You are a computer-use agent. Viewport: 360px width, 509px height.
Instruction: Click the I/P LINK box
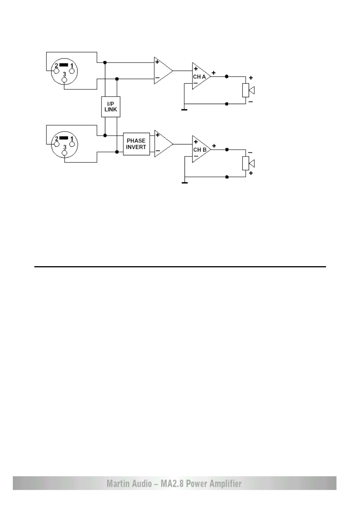111,107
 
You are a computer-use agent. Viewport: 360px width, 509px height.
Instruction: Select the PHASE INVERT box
136,144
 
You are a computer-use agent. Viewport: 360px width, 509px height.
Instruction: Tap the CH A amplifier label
199,77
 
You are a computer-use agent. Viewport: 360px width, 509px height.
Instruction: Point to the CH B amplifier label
200,150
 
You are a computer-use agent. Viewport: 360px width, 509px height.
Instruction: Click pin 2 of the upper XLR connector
56,71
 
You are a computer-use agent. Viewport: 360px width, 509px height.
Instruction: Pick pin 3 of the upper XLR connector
65,80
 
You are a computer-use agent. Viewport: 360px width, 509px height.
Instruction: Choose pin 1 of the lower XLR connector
72,144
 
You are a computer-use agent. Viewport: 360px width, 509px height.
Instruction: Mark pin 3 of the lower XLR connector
65,153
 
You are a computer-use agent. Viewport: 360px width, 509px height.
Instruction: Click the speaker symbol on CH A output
248,90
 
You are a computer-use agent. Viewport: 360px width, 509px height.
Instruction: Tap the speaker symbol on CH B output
248,163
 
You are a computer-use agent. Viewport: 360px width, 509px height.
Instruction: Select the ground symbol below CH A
185,110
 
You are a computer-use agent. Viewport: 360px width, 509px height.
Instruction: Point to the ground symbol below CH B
185,183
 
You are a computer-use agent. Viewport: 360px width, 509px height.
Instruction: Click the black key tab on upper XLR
63,65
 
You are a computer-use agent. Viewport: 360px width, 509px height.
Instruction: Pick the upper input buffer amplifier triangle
163,71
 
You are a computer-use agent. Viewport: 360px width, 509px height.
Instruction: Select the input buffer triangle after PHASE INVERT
164,144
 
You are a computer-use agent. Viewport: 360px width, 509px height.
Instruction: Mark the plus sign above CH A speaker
251,78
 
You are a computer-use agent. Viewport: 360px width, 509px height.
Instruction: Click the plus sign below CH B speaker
251,173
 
